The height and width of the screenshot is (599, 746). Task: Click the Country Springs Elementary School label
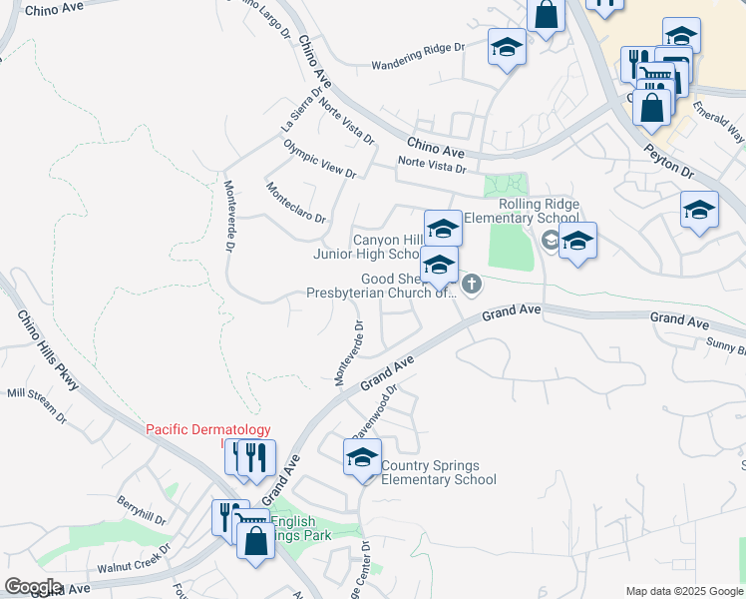(x=438, y=472)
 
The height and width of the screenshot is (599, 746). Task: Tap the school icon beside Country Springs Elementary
(x=362, y=458)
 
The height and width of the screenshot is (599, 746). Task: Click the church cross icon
(x=472, y=286)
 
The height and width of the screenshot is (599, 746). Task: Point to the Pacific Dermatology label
(x=208, y=430)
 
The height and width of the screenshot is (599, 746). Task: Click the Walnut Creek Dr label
(x=134, y=560)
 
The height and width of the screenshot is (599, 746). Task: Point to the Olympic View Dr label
(x=319, y=159)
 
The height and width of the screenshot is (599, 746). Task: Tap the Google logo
(x=34, y=586)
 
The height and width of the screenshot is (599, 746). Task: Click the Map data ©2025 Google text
(x=683, y=591)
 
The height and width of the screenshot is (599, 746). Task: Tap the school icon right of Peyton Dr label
(x=699, y=212)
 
